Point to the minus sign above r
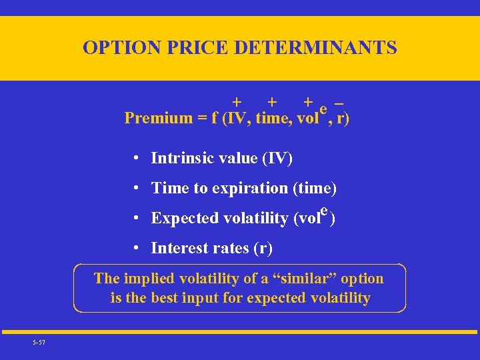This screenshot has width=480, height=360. coord(340,103)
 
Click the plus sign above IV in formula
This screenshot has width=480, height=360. coord(237,102)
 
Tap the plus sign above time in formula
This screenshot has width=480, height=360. coord(271,102)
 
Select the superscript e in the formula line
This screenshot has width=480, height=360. coord(323,109)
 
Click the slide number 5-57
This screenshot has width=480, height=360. coord(39,343)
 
